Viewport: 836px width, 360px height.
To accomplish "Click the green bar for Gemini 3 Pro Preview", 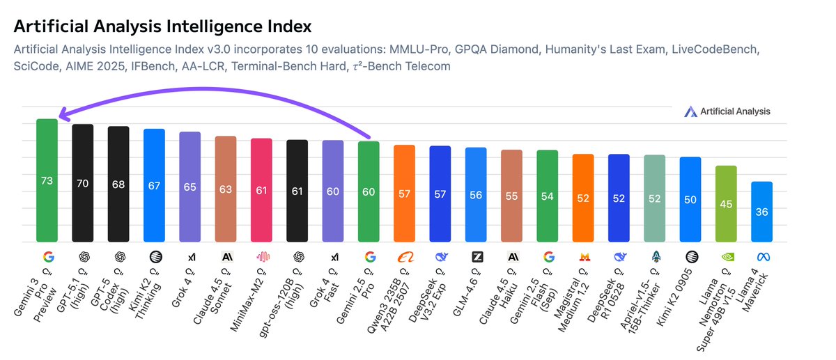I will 47,180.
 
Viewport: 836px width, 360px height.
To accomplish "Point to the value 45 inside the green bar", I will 726,204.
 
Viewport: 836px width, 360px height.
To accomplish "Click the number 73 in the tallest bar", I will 47,181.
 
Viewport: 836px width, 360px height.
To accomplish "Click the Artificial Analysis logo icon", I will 690,111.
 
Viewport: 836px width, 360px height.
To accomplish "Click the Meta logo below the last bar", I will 761,257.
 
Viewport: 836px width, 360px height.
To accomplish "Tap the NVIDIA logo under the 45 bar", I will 726,257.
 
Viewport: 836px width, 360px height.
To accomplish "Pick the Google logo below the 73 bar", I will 47,257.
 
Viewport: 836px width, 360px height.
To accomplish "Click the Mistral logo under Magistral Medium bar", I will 583,257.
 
